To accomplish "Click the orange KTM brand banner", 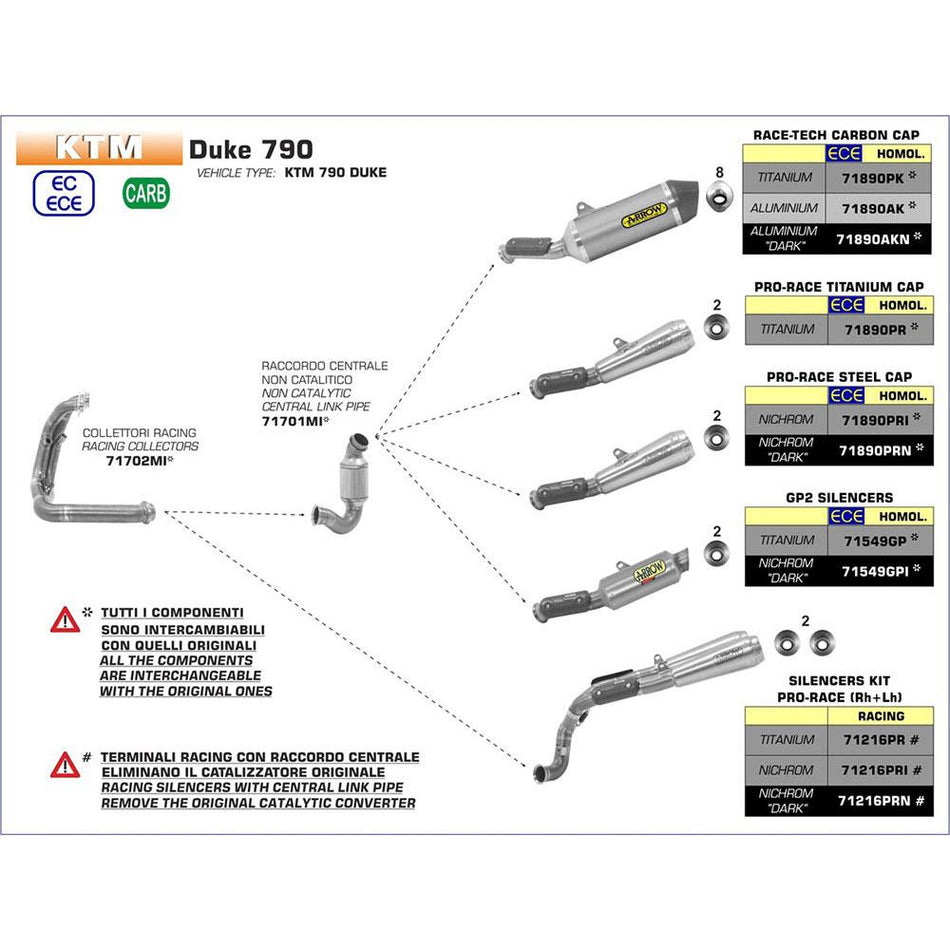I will pyautogui.click(x=98, y=148).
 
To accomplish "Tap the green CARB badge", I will pyautogui.click(x=146, y=192).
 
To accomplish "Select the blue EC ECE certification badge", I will pyautogui.click(x=65, y=192).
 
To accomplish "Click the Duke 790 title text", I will pyautogui.click(x=250, y=149).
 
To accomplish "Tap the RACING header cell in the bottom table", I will pyautogui.click(x=880, y=716).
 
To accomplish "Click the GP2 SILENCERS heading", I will pyautogui.click(x=839, y=497).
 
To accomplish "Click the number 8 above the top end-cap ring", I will pyautogui.click(x=717, y=172).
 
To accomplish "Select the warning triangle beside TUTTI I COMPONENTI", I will pyautogui.click(x=65, y=620).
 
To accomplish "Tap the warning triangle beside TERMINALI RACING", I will pyautogui.click(x=65, y=766).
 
